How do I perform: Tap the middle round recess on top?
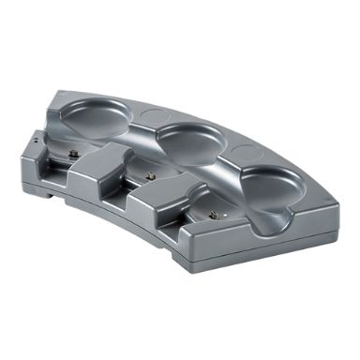pyautogui.click(x=193, y=141)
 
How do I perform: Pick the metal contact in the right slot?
pyautogui.click(x=214, y=216)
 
